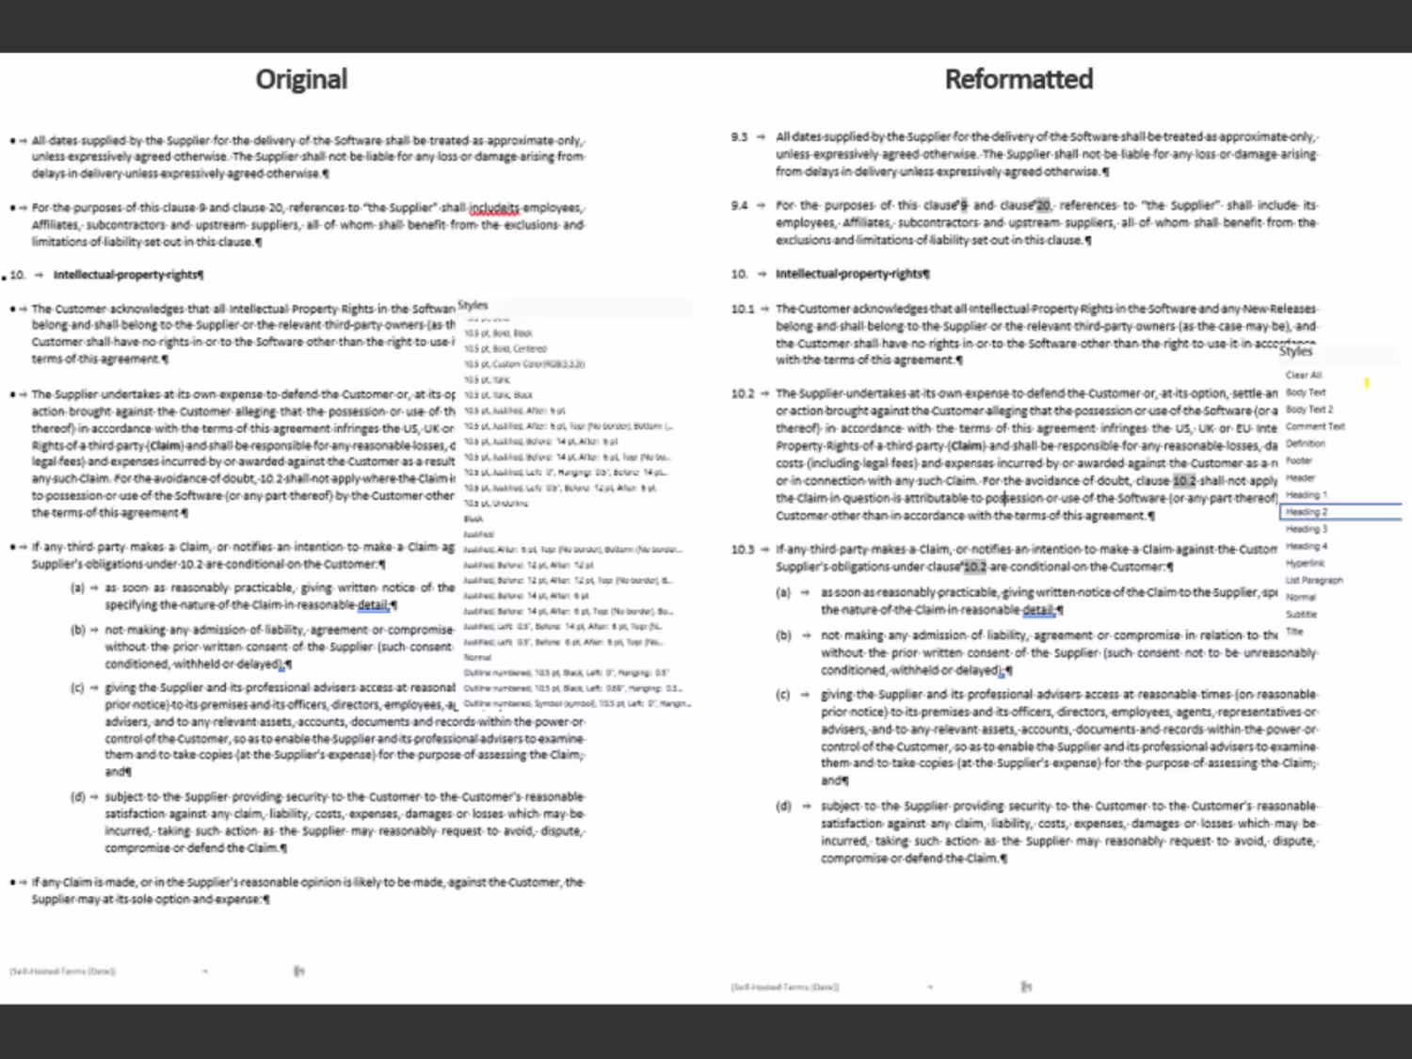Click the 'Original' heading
[301, 79]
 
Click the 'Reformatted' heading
[1019, 79]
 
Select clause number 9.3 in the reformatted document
[739, 137]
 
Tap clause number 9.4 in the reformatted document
[739, 205]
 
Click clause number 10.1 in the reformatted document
[742, 309]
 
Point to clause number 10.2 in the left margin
[742, 393]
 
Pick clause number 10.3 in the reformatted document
[742, 550]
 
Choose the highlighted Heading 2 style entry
[1307, 512]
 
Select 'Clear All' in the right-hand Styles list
[1303, 375]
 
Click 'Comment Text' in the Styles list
[1315, 426]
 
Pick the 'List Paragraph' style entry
[1314, 580]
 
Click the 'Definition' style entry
[1305, 443]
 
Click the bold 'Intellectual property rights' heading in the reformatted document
[851, 274]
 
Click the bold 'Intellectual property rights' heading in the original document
[127, 275]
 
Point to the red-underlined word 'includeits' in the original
[493, 208]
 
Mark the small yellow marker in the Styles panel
[1366, 382]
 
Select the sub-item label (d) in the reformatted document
[783, 806]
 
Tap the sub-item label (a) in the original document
[77, 587]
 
